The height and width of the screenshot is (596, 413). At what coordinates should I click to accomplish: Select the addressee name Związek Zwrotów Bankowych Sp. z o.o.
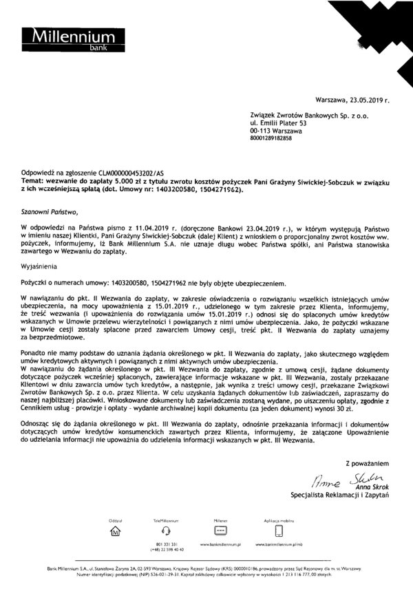point(299,118)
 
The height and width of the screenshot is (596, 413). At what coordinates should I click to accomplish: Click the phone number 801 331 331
point(165,545)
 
